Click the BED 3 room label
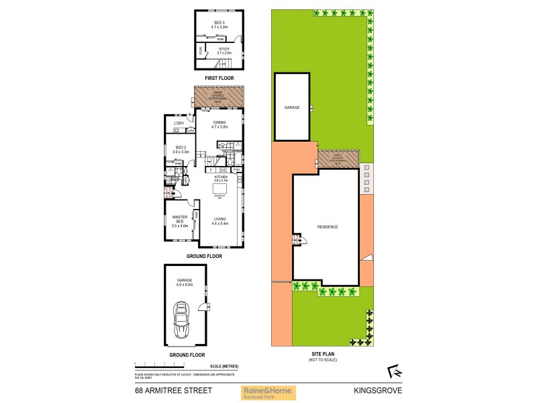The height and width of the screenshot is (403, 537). pyautogui.click(x=220, y=25)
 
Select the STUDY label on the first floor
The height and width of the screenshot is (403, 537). pyautogui.click(x=224, y=50)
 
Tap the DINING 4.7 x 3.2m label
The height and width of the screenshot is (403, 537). pyautogui.click(x=220, y=124)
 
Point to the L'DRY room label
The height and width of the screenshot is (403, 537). pyautogui.click(x=179, y=123)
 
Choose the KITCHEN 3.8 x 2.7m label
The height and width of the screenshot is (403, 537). pyautogui.click(x=220, y=179)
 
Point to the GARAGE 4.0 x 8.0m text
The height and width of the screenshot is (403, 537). pyautogui.click(x=185, y=283)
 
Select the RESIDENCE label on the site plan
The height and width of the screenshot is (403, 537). pyautogui.click(x=328, y=227)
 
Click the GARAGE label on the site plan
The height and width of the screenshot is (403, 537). pyautogui.click(x=291, y=107)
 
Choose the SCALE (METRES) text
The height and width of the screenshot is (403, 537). pyautogui.click(x=224, y=366)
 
